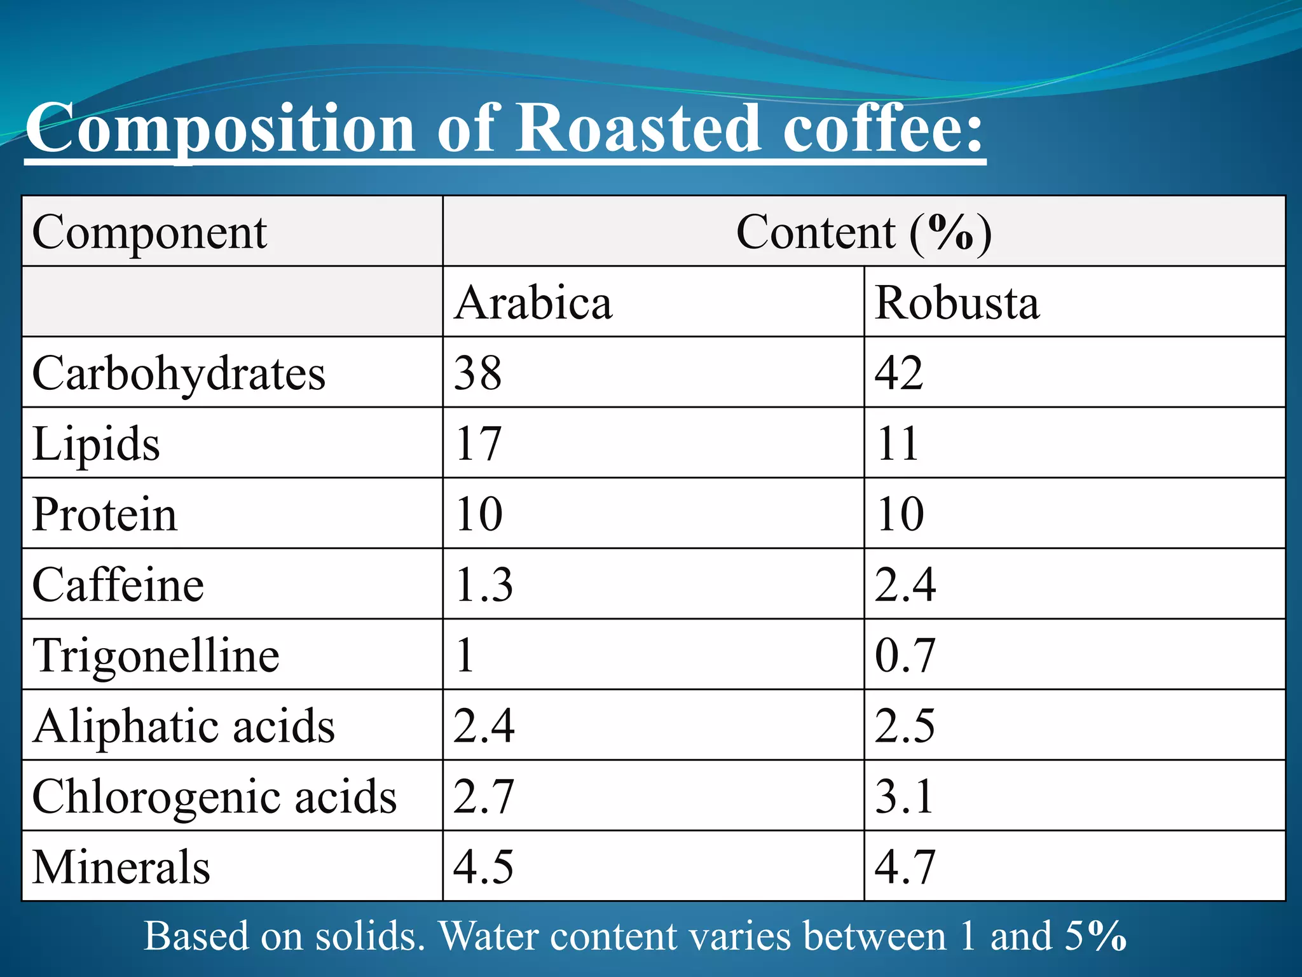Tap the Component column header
(149, 233)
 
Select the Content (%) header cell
(863, 233)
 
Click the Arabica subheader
(533, 303)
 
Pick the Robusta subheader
(957, 303)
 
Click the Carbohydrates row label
(179, 373)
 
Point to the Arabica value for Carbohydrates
(478, 373)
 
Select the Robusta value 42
(899, 373)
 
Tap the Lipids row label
(96, 444)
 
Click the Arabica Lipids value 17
(478, 444)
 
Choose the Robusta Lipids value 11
(897, 444)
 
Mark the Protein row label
(105, 515)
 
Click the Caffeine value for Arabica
(484, 585)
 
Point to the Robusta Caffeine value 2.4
(905, 585)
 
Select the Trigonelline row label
(156, 656)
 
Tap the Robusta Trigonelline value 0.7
(905, 656)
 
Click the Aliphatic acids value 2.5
(905, 726)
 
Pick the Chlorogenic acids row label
(214, 797)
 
